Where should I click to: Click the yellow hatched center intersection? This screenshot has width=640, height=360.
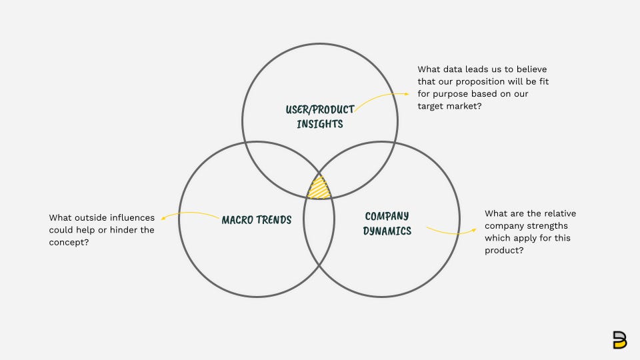[x=319, y=188]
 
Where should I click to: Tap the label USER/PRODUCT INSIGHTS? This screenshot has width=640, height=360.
[x=320, y=116]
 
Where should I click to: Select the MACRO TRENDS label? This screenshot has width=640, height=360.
[x=257, y=220]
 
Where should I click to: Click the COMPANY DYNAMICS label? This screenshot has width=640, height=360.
[x=387, y=223]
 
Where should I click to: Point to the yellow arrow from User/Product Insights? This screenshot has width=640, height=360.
[x=381, y=97]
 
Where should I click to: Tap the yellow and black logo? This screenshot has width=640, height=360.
[x=619, y=339]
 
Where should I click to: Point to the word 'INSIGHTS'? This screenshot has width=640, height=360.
[x=320, y=123]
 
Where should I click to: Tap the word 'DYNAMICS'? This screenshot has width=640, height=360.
[x=387, y=231]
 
